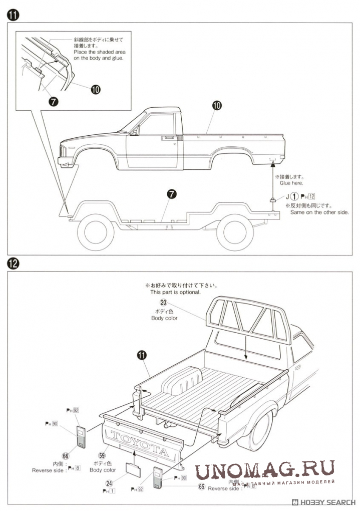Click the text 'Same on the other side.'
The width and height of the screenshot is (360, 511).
coord(319,212)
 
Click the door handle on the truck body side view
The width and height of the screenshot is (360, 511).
coord(168,137)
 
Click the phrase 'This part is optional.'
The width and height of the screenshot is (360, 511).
coord(175,292)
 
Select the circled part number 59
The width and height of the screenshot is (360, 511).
coord(102,455)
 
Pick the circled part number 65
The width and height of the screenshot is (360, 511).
coord(201,486)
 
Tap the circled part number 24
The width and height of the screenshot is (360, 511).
coord(109,483)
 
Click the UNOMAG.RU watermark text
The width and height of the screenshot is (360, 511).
coord(265,471)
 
